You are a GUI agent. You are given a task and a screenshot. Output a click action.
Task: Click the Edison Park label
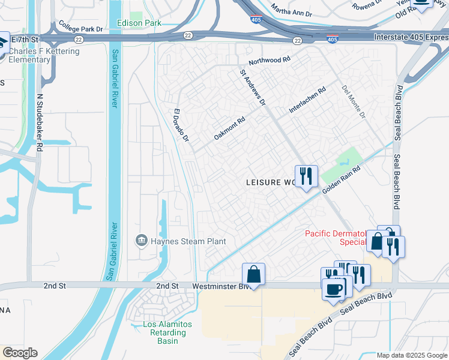[145, 23]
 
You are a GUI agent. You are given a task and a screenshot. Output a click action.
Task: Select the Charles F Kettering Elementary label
[44, 56]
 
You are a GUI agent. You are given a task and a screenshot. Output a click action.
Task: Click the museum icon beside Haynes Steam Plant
[142, 241]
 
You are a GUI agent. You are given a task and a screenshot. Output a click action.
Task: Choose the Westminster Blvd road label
[216, 287]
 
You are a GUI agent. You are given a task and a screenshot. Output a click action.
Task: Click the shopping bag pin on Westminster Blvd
[253, 274]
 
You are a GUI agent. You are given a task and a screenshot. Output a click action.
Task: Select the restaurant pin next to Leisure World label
[306, 176]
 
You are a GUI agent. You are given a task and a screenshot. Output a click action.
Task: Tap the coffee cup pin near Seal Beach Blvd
[333, 289]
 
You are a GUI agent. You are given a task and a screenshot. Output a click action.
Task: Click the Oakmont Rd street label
[230, 128]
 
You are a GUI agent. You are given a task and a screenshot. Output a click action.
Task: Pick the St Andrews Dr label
[252, 87]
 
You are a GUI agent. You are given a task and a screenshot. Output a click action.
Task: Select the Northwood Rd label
[270, 61]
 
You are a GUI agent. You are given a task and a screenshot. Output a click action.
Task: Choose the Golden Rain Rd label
[340, 179]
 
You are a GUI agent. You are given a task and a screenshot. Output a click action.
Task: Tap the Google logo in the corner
[20, 353]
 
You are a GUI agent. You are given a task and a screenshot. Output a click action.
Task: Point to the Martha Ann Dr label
[293, 10]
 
